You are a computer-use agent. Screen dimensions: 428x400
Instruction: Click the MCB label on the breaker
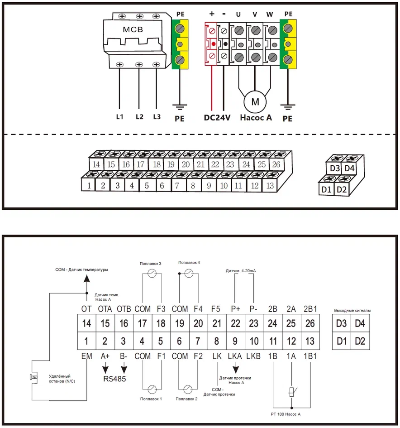tap(133, 30)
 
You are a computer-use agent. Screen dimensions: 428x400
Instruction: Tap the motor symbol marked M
tap(255, 101)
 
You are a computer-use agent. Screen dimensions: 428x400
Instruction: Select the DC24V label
tap(217, 118)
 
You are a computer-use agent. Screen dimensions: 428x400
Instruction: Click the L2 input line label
tap(139, 117)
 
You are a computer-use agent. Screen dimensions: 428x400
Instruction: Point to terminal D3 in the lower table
tap(342, 323)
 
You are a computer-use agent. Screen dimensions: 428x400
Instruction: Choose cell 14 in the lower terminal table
tap(86, 323)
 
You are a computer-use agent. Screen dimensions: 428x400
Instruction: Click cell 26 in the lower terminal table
tap(310, 323)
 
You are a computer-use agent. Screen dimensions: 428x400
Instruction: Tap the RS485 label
tap(114, 379)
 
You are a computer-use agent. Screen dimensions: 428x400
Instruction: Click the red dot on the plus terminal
tap(212, 44)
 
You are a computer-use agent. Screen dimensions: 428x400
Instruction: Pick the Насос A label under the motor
tap(256, 118)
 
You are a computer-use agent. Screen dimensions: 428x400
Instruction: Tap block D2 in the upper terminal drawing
tap(342, 189)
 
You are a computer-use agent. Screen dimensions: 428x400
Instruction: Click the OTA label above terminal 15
tap(105, 308)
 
